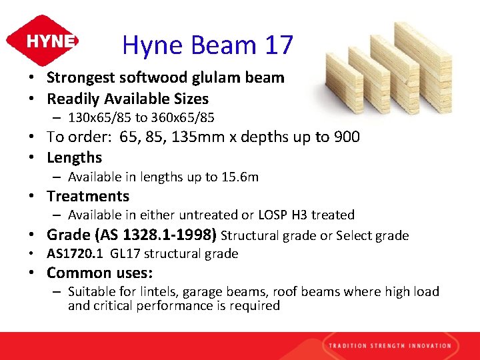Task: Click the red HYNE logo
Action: pos(42,41)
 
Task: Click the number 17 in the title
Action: pos(279,45)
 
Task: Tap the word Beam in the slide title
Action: pos(223,45)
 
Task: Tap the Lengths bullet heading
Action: pos(74,158)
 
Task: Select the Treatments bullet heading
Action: pos(87,196)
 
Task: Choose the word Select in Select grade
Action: pos(353,235)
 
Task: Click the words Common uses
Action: pos(99,273)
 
